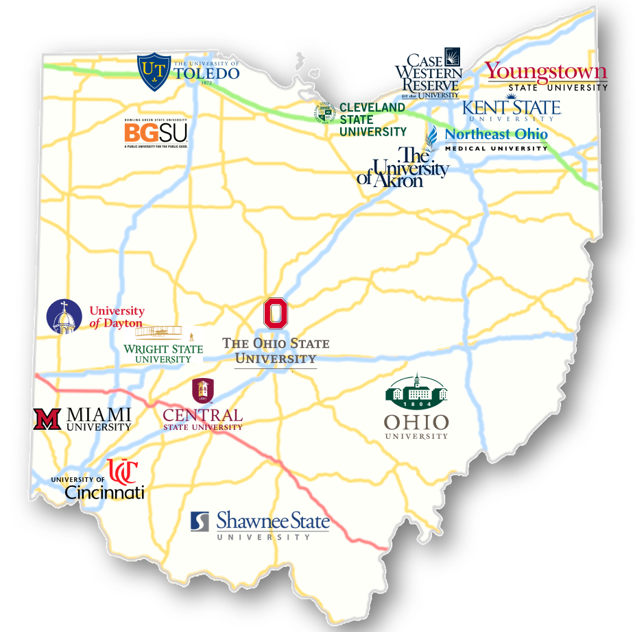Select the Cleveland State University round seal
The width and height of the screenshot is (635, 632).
324,112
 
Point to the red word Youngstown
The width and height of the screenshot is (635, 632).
546,72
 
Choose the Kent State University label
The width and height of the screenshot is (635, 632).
511,108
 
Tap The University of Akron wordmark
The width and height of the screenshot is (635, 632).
403,167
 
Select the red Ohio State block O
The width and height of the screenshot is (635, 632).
276,313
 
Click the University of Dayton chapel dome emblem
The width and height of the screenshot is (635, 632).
64,317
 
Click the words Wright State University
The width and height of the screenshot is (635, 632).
163,353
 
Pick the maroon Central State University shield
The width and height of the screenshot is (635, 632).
202,390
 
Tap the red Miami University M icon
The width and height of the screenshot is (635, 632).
47,418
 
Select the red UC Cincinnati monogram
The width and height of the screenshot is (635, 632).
124,471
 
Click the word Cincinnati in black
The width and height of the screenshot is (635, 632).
104,492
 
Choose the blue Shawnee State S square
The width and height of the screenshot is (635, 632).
200,521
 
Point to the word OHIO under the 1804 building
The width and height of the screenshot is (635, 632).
416,422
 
